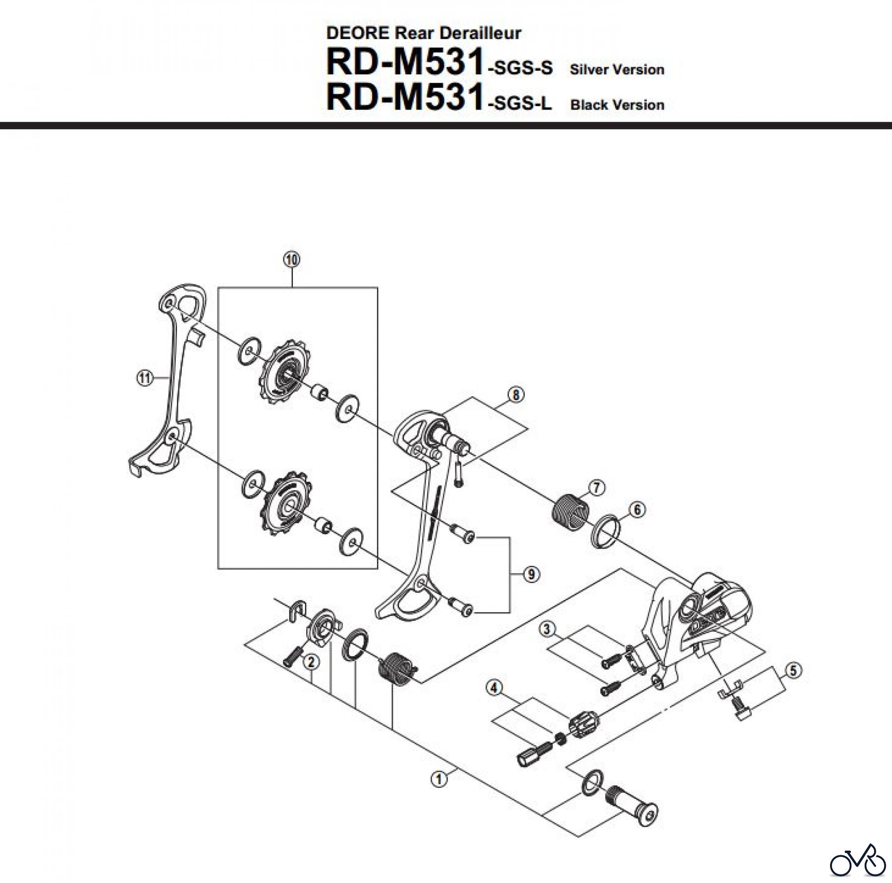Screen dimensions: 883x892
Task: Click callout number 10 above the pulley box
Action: tap(292, 259)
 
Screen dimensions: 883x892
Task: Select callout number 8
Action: tap(516, 395)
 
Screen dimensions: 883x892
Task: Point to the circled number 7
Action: tap(596, 488)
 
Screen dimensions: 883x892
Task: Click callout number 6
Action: tap(637, 509)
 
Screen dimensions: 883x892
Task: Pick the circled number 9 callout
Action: tap(531, 575)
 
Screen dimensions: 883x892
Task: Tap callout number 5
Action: tap(793, 671)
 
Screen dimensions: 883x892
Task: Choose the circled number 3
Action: tap(547, 630)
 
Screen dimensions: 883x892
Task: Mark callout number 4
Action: tap(494, 688)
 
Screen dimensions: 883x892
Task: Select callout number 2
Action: tap(311, 662)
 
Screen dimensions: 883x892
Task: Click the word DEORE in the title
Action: tap(358, 33)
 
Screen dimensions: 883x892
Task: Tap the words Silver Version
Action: tap(617, 69)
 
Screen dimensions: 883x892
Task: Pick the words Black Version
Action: tap(617, 105)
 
